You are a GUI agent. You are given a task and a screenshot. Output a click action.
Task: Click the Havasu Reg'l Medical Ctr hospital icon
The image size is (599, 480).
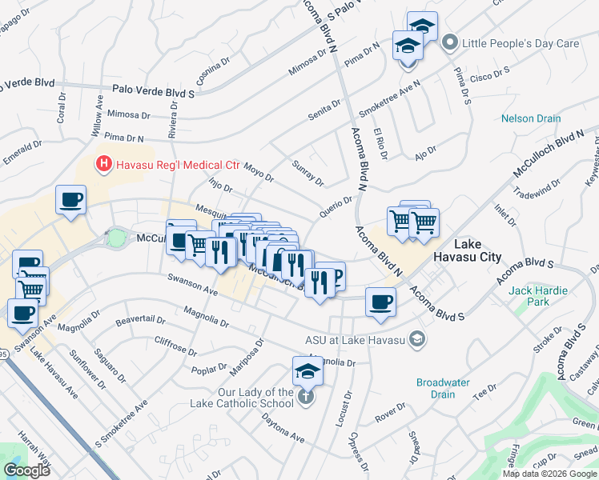tap(103, 166)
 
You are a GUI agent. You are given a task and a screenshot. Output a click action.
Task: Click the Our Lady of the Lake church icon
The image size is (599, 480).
tap(304, 398)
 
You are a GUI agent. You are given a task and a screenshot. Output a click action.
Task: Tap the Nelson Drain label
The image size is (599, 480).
tap(531, 119)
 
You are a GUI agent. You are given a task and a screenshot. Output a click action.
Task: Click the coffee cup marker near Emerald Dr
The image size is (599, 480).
tap(71, 200)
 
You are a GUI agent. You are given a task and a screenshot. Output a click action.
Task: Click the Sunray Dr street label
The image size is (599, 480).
tap(308, 176)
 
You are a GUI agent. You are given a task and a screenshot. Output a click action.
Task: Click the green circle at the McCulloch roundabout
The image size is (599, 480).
tap(117, 238)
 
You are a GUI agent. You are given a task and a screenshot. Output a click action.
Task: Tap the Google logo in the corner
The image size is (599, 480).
tap(27, 470)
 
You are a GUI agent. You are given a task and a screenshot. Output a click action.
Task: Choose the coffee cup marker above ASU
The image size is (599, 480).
tap(381, 302)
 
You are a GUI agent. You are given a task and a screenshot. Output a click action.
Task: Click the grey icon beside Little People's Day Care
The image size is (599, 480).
tap(450, 42)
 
